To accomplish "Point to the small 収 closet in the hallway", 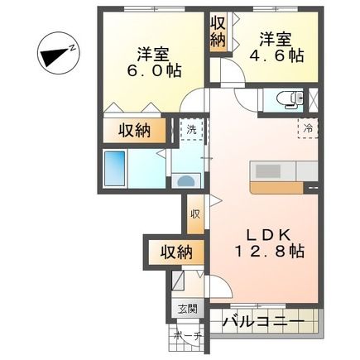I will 195,214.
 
